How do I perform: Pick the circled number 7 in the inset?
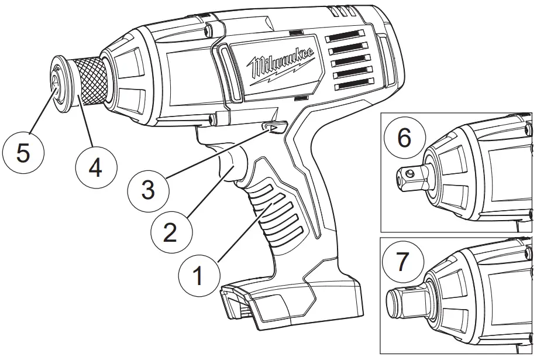click(403, 261)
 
